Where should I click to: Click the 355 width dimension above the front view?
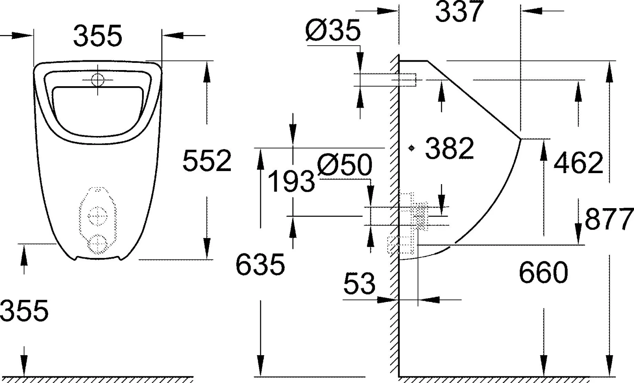98,36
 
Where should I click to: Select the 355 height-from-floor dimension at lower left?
25,311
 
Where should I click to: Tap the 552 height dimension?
207,161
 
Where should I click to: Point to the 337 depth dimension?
459,11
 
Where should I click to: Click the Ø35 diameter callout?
333,30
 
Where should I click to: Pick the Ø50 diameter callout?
344,165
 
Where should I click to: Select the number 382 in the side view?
449,149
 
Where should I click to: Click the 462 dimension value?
578,163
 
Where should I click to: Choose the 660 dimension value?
543,273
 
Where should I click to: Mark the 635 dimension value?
260,265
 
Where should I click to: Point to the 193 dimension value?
291,182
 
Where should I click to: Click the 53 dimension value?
359,284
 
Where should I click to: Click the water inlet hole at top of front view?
98,79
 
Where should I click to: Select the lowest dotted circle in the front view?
98,244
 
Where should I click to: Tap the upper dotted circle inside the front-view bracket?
98,216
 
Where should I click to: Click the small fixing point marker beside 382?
411,148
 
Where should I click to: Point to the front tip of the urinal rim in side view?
520,139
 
